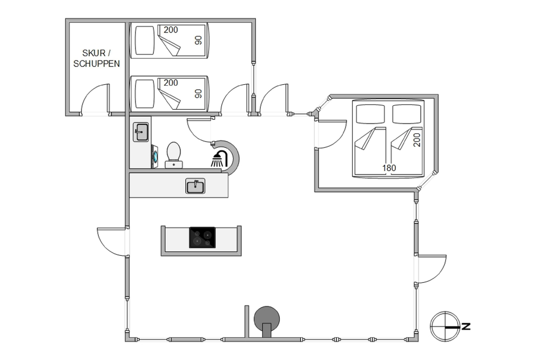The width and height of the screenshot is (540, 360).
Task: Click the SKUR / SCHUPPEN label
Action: [97, 58]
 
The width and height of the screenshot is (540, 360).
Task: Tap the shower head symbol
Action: [219, 159]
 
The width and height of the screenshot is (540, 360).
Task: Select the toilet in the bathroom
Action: [173, 155]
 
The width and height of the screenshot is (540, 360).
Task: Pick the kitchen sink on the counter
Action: [195, 186]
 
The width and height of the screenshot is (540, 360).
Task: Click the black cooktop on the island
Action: [202, 237]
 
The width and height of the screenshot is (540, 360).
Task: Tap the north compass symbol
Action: [445, 327]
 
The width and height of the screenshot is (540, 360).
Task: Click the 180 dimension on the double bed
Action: [389, 168]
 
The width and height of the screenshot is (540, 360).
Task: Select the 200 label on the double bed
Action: [417, 140]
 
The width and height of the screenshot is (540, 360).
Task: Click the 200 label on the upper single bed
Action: [171, 30]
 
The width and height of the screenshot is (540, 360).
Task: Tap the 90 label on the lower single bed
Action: [198, 93]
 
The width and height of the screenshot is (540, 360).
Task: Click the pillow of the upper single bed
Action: [144, 40]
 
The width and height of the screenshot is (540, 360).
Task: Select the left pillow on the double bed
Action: [370, 114]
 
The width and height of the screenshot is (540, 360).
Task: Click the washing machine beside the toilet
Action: [154, 157]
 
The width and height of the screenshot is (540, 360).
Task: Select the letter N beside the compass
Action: [466, 327]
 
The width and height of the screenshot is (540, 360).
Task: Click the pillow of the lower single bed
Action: [144, 93]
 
